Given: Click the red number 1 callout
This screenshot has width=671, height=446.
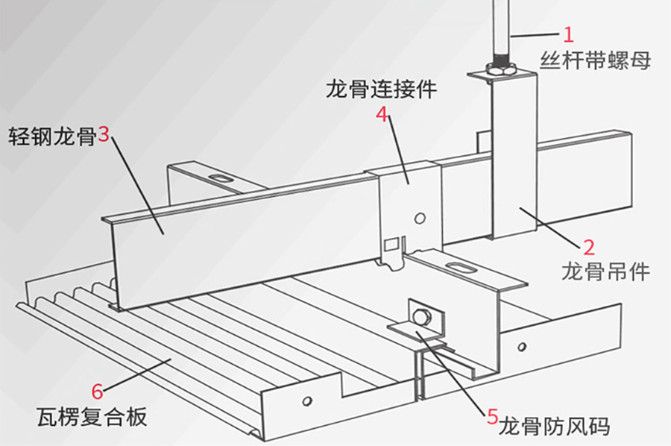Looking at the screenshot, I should pyautogui.click(x=569, y=34).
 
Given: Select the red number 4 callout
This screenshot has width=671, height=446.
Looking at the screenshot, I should pyautogui.click(x=382, y=116).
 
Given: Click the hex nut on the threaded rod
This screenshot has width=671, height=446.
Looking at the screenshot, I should pyautogui.click(x=500, y=69).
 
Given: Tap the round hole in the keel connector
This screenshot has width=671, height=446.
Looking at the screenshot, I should pyautogui.click(x=420, y=218).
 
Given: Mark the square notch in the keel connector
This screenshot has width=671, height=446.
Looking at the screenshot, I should pyautogui.click(x=390, y=245).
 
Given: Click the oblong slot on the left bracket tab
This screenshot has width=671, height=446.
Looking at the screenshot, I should pyautogui.click(x=221, y=178).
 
